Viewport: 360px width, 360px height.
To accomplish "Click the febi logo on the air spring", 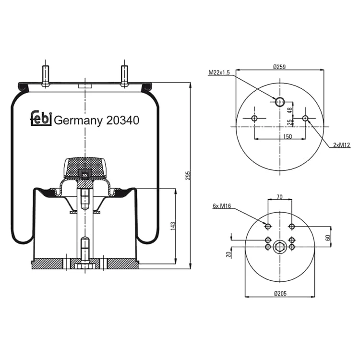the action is pos(41,119).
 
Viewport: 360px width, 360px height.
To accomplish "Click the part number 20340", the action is pos(122,120).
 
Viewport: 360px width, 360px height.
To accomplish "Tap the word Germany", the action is pos(78,121).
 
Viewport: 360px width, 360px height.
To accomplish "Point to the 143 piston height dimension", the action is pos(173,226).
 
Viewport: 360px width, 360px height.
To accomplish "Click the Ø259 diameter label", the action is pos(279,67).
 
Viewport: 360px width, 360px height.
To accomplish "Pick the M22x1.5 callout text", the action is pos(219,72).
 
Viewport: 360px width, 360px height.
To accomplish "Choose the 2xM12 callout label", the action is pos(342,145).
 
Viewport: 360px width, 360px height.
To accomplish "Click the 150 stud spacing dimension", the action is pos(287,137).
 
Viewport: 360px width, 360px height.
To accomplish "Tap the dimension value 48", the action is pos(290,110).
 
